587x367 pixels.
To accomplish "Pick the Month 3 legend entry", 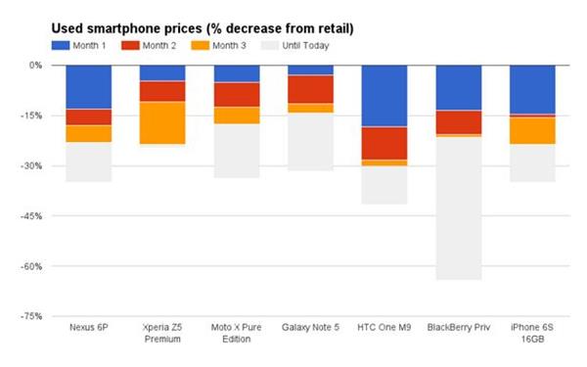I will pos(224,45).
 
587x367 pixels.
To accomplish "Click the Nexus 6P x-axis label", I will pos(88,327).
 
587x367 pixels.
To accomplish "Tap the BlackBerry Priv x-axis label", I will pos(459,327).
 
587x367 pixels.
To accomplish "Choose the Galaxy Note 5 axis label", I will pos(310,327).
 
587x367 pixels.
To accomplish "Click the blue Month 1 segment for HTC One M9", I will pos(384,96).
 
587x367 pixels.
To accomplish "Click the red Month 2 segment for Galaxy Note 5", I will pos(310,89).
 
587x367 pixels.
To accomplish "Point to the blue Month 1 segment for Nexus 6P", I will pos(88,87).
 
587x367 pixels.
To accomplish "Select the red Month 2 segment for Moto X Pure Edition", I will pos(236,94).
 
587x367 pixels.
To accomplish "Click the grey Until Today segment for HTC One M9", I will pos(384,185).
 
